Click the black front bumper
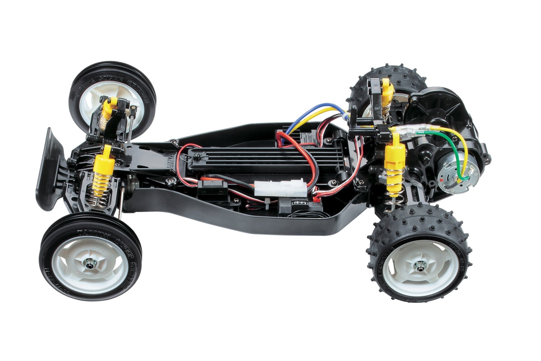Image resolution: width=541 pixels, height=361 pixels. point(51,169)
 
